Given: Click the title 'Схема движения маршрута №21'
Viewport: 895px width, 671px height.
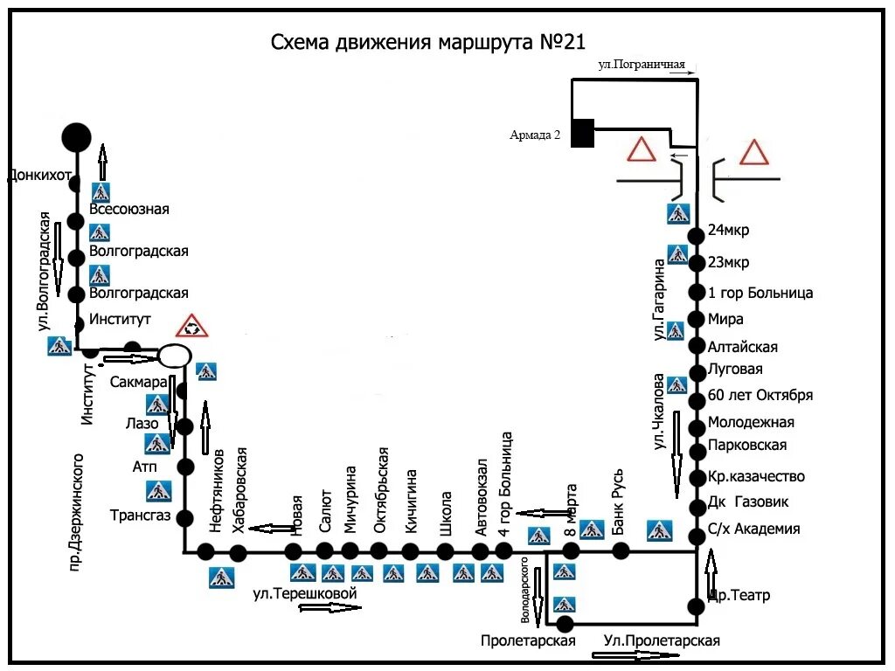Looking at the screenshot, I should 427,43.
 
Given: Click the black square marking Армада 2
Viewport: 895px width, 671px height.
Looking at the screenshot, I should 583,133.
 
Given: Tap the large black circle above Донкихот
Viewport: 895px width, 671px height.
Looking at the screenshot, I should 76,136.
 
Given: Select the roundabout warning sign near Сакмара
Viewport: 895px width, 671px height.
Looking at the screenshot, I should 191,326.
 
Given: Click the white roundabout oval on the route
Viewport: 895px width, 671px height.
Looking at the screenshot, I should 174,356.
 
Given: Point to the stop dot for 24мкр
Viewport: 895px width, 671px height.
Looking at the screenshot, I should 697,236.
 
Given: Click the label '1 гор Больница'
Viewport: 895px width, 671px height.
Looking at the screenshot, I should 760,293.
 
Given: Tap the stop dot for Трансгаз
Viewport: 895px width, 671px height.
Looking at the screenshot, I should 184,517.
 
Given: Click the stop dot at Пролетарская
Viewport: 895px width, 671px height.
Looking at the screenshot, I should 565,624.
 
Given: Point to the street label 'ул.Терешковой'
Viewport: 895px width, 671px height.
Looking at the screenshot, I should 306,593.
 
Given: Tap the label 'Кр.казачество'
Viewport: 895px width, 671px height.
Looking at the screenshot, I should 756,477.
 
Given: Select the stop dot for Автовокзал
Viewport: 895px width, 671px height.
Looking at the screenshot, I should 480,551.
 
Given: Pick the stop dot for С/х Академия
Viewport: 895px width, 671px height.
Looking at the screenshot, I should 697,536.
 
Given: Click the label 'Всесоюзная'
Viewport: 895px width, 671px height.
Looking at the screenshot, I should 135,209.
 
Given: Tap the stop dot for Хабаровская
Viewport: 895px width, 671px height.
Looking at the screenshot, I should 238,552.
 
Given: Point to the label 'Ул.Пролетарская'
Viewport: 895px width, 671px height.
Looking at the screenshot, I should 662,641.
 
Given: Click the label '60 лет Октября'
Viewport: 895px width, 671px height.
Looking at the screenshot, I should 760,395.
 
